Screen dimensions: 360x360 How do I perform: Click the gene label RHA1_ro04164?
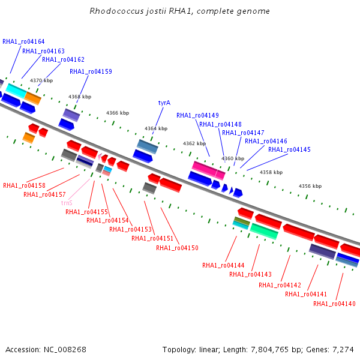[23, 41]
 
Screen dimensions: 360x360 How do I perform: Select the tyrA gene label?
[164, 103]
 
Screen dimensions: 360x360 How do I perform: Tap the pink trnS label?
[67, 203]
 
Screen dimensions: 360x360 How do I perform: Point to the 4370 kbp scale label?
[41, 80]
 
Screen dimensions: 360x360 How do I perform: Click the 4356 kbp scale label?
[310, 186]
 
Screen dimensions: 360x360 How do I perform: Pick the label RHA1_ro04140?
[334, 304]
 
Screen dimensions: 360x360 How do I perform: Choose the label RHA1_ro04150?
[177, 248]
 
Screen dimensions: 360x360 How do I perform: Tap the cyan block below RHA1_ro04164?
[16, 91]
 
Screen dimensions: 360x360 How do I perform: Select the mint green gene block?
[264, 231]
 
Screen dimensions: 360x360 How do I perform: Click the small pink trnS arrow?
[100, 157]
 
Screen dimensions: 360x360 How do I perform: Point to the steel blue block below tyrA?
[148, 146]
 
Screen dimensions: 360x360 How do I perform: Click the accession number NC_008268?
[65, 350]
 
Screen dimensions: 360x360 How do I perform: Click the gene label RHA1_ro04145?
[289, 149]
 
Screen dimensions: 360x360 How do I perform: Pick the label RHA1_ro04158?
[24, 185]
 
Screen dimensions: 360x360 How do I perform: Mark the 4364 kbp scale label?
[156, 128]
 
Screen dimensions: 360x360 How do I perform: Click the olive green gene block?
[242, 221]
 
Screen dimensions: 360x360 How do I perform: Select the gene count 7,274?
[343, 350]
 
